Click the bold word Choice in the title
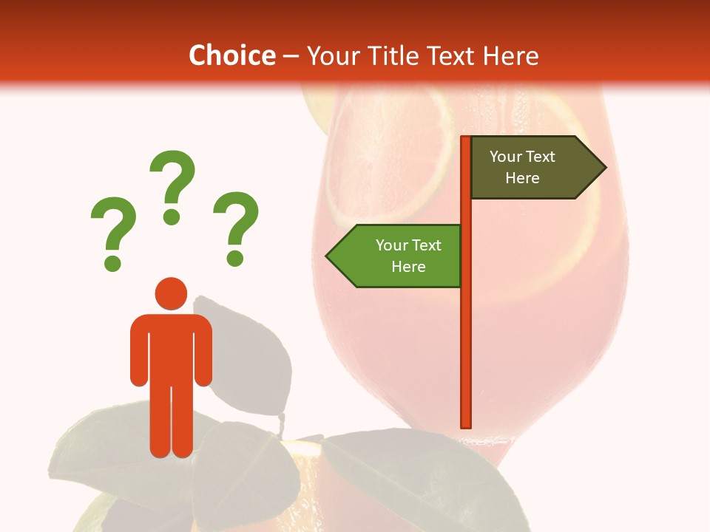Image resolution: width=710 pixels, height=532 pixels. [x=231, y=55]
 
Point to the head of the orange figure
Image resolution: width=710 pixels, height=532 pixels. [x=171, y=293]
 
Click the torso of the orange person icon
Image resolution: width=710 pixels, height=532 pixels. [x=171, y=347]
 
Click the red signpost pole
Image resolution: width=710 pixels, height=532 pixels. [x=466, y=332]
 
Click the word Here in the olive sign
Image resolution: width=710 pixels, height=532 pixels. [x=522, y=178]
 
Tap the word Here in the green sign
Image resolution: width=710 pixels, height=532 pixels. [x=408, y=267]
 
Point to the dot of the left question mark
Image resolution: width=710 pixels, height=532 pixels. [x=112, y=262]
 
